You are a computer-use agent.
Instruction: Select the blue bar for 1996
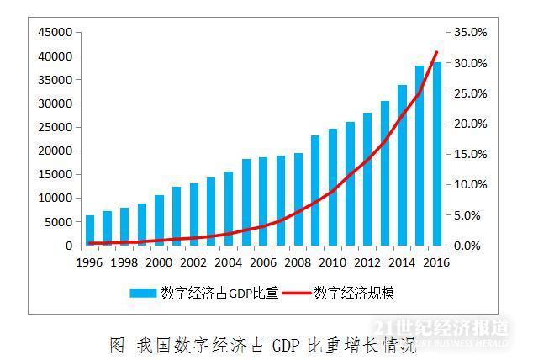click(x=90, y=230)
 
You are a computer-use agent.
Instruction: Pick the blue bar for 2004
click(x=229, y=209)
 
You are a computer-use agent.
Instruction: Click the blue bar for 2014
click(x=402, y=165)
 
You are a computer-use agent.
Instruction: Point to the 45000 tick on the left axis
click(x=56, y=32)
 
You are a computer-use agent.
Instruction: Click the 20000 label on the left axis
click(x=56, y=151)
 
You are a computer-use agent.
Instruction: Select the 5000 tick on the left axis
click(x=60, y=222)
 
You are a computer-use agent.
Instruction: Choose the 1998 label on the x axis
click(x=124, y=262)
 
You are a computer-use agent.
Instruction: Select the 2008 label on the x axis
click(x=298, y=262)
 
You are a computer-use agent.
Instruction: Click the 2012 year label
click(x=367, y=262)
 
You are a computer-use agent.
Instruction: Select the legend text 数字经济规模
click(x=354, y=294)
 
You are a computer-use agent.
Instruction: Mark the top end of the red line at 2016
click(x=436, y=52)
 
